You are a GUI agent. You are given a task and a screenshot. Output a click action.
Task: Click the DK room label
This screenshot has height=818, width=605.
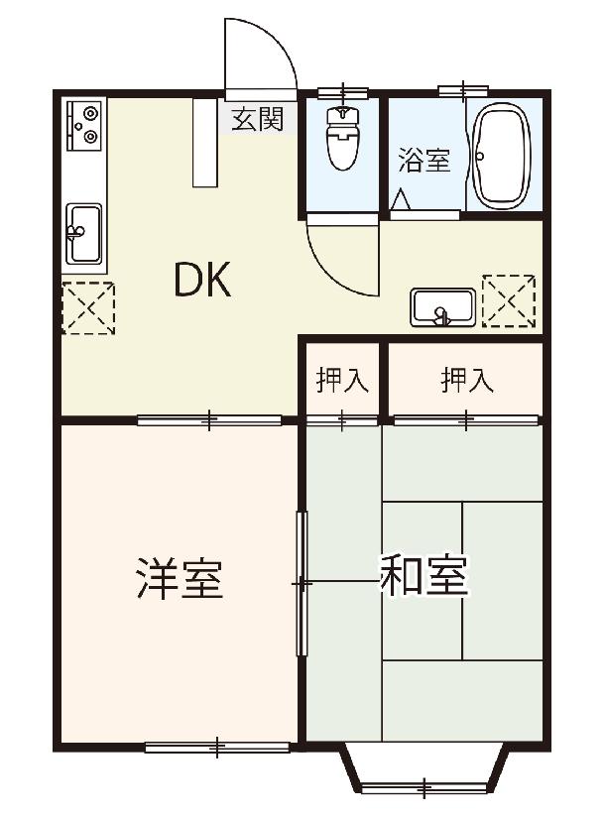[x=202, y=280]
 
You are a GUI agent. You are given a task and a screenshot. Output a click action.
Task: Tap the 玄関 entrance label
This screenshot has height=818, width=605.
[x=258, y=119]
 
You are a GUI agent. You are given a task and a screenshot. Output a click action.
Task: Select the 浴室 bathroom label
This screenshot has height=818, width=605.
[x=424, y=161]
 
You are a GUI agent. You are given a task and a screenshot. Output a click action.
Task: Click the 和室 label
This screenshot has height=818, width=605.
[x=423, y=575]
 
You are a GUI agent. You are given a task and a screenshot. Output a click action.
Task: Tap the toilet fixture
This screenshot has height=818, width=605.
[x=342, y=138]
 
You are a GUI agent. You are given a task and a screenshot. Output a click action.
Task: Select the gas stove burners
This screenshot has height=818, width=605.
[x=83, y=124]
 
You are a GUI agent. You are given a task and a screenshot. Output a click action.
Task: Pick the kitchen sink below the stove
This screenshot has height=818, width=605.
[x=83, y=234]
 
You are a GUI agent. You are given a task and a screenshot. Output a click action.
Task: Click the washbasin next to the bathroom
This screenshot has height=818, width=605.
[x=443, y=307]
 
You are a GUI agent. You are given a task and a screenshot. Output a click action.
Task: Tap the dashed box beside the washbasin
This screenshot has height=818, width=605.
[x=509, y=301]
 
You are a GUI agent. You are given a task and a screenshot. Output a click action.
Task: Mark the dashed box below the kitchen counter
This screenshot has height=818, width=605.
[x=88, y=307]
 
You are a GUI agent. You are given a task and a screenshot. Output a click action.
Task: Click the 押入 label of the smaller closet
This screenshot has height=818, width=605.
[x=342, y=380]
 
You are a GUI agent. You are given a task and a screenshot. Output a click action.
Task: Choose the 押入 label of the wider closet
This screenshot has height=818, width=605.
[x=467, y=380]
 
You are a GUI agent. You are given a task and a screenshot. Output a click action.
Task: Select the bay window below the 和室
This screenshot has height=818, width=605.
[x=424, y=769]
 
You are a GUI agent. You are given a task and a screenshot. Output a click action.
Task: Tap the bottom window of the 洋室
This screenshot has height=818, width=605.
[x=216, y=747]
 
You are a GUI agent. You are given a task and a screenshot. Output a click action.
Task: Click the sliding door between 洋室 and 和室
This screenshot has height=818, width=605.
[x=302, y=583]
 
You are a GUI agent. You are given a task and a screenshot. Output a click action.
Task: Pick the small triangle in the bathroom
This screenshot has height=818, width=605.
[x=402, y=200]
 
